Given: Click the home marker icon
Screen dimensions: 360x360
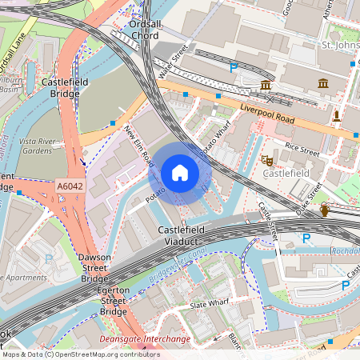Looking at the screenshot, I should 180,173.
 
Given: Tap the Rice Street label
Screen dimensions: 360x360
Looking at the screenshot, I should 302,147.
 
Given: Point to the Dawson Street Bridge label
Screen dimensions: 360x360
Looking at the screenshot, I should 94,268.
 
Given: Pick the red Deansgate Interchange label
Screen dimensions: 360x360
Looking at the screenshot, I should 144,339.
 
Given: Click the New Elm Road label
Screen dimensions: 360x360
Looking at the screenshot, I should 138,144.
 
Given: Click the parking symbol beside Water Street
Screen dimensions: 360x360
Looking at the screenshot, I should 233,69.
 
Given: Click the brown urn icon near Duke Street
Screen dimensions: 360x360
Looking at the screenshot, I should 325,210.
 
